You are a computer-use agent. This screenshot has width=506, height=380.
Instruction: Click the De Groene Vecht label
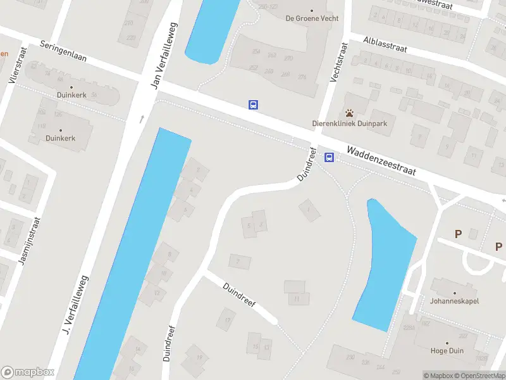click(x=312, y=18)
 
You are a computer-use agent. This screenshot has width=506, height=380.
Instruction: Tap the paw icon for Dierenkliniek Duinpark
click(x=349, y=113)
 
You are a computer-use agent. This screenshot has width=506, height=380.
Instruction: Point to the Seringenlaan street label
click(x=63, y=54)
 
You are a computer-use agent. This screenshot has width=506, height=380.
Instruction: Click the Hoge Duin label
click(x=447, y=351)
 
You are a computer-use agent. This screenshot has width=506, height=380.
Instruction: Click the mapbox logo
click(x=27, y=372)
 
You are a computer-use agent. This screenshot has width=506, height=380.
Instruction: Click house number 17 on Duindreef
click(x=226, y=320)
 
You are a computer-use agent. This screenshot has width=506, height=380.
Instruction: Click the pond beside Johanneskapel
click(x=384, y=266)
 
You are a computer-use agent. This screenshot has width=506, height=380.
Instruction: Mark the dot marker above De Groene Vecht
click(x=312, y=10)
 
